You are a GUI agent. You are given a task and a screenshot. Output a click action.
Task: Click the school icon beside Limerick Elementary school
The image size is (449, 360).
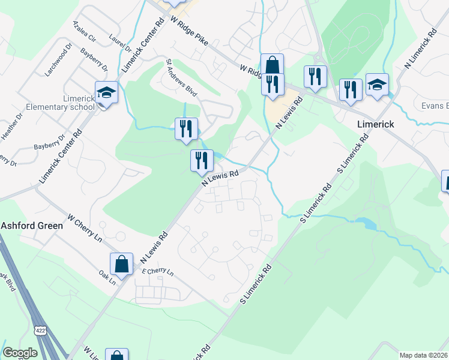click(x=106, y=92)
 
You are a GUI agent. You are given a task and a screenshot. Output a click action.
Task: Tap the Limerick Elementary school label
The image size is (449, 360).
click(x=60, y=103)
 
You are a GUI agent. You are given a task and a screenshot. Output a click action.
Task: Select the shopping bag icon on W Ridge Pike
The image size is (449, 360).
click(x=272, y=64)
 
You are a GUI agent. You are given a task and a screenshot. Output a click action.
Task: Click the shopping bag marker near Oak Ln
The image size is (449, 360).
click(x=121, y=263)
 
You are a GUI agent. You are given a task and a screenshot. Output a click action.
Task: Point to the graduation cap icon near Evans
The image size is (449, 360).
click(x=377, y=85)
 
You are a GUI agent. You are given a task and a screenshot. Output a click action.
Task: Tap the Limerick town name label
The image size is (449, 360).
click(x=375, y=124)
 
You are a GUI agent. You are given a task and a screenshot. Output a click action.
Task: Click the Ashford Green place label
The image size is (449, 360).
click(x=31, y=226)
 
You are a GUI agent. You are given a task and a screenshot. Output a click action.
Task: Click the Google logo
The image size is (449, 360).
click(x=20, y=353)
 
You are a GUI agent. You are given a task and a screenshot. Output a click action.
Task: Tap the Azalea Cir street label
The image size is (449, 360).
click(x=84, y=32)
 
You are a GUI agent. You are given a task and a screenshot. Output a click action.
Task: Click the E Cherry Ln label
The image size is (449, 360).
click(x=157, y=271)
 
